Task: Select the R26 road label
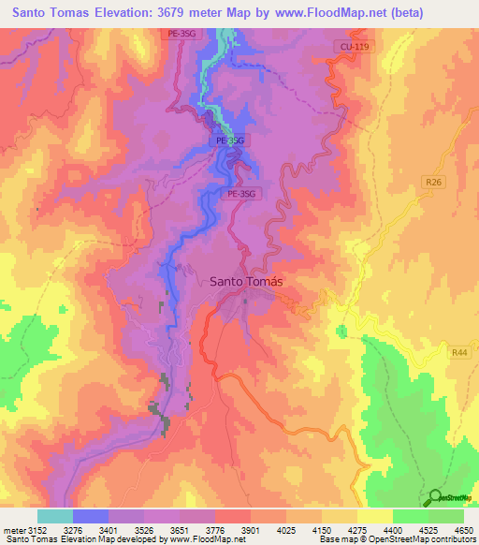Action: tap(432, 183)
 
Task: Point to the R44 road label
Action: tap(458, 352)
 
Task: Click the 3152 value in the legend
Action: tap(37, 531)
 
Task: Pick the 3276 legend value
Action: tap(72, 531)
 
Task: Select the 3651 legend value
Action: tap(180, 531)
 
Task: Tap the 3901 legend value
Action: tap(250, 531)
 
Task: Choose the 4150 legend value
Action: tap(323, 531)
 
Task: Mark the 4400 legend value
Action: tap(393, 531)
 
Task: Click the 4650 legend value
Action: tap(463, 531)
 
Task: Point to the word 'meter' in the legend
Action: tap(13, 531)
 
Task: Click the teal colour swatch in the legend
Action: tap(54, 516)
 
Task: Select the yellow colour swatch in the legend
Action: tap(374, 516)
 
